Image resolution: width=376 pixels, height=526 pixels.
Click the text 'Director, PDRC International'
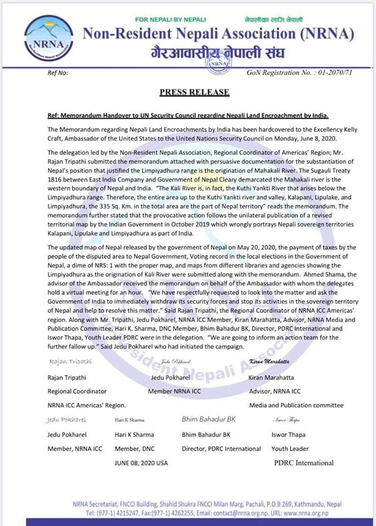pos(221,449)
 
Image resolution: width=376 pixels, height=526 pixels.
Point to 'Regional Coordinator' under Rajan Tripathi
pos(77,391)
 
